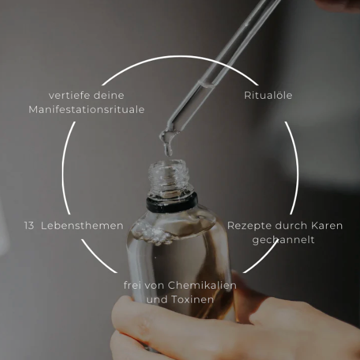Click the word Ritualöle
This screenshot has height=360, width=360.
pos(268,95)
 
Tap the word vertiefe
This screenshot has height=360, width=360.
pos(67,95)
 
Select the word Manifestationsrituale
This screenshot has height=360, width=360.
pos(86,109)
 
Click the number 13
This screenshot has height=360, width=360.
pos(29,226)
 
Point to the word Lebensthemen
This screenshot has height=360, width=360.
pos(82,226)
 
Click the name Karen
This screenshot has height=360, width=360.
pos(327,226)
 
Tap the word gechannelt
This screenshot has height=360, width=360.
pos(283,240)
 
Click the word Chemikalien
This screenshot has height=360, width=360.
pos(202,285)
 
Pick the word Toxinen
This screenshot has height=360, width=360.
pos(192,299)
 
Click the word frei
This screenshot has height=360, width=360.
pos(132,285)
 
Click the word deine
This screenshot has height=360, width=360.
pos(109,95)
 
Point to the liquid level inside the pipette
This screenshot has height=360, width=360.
pos(207,84)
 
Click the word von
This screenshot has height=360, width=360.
pos(154,286)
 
